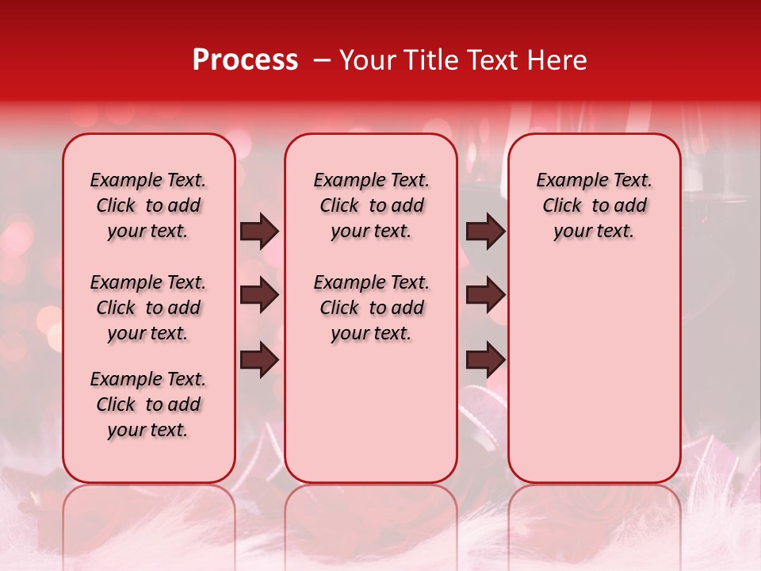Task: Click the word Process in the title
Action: pyautogui.click(x=245, y=60)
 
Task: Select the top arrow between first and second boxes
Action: pyautogui.click(x=259, y=232)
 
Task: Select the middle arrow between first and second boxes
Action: pyautogui.click(x=259, y=296)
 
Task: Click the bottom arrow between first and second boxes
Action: pyautogui.click(x=259, y=360)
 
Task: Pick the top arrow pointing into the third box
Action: pyautogui.click(x=485, y=232)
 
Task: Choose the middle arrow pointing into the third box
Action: pyautogui.click(x=485, y=296)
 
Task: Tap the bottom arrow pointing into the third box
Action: pyautogui.click(x=485, y=360)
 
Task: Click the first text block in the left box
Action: pyautogui.click(x=148, y=205)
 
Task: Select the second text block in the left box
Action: pyautogui.click(x=148, y=308)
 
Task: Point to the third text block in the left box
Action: pyautogui.click(x=148, y=404)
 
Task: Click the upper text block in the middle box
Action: pyautogui.click(x=371, y=205)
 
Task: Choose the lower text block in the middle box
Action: pyautogui.click(x=371, y=308)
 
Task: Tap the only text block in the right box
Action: pyautogui.click(x=594, y=205)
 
